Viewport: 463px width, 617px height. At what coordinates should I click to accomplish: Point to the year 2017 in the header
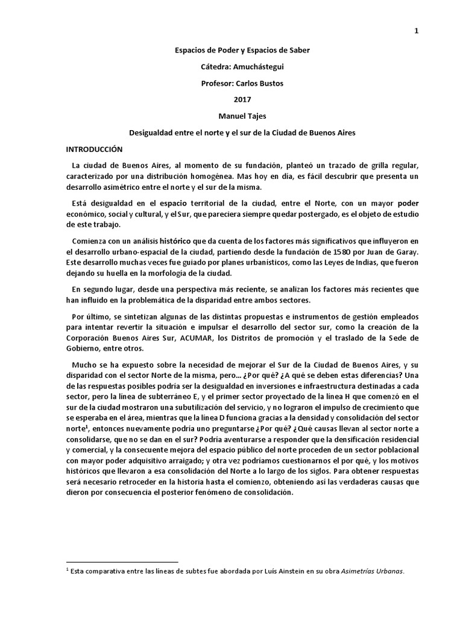coord(231,99)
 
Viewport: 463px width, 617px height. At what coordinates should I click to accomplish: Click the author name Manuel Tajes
coord(231,115)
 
